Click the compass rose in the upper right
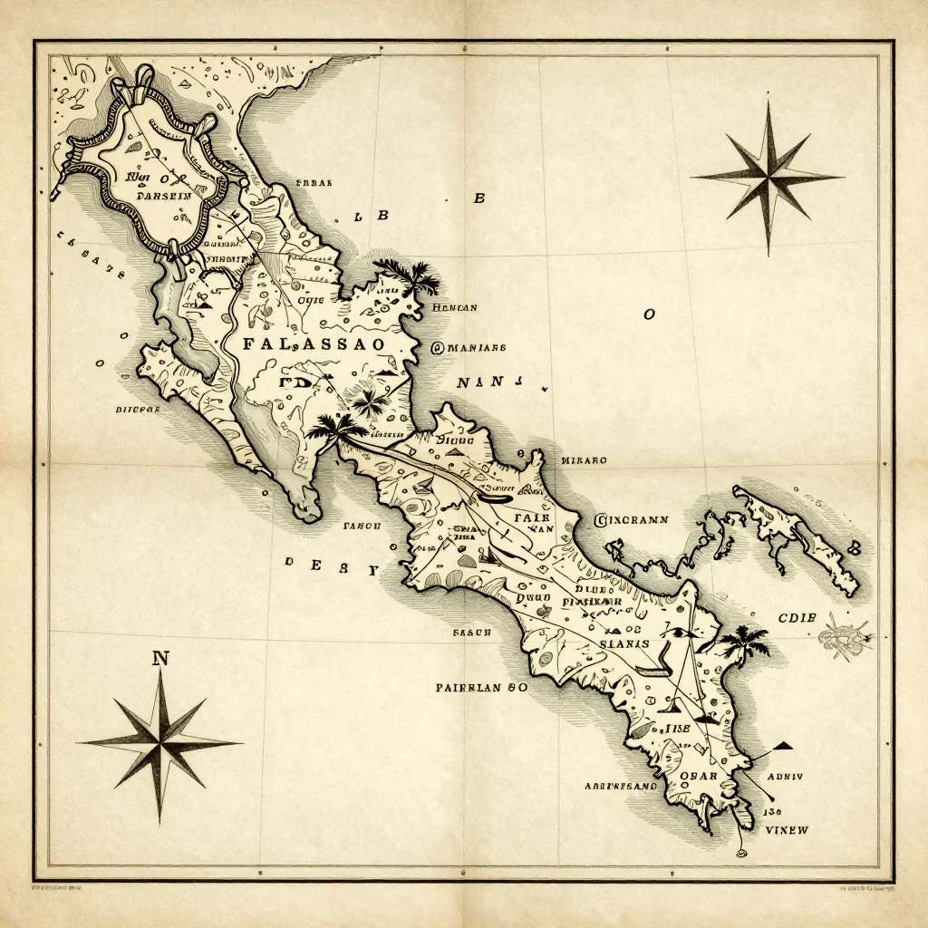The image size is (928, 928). (x=768, y=176)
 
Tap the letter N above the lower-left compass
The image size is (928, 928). (x=161, y=659)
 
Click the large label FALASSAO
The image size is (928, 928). (x=314, y=344)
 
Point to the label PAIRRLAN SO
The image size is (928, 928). (x=480, y=688)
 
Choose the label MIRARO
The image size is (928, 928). (x=585, y=459)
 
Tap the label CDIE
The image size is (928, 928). (x=797, y=618)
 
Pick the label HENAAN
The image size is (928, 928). (x=455, y=307)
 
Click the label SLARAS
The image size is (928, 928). (x=624, y=643)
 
